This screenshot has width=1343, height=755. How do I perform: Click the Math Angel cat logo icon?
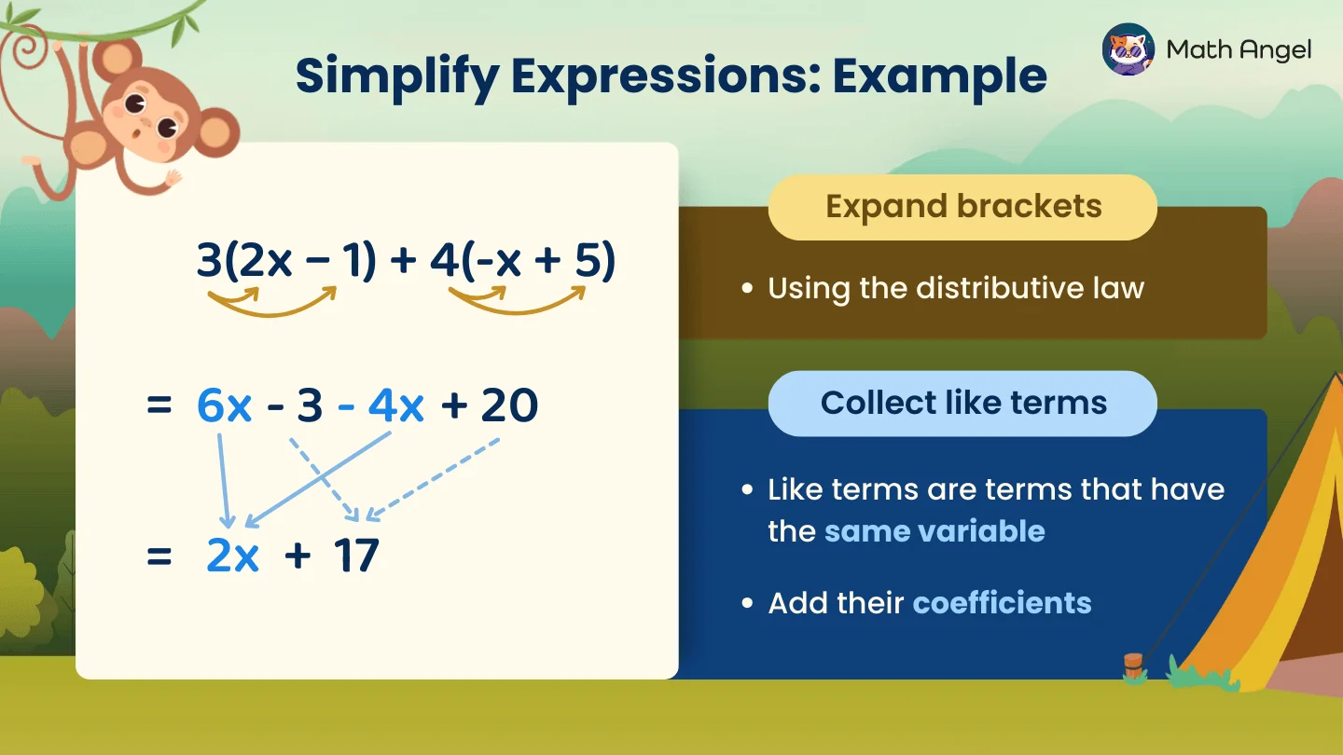click(x=1128, y=49)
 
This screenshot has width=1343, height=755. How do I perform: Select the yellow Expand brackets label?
click(x=962, y=207)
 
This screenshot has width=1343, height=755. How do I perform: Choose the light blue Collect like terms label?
click(x=962, y=403)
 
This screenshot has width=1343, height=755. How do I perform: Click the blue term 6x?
click(x=225, y=406)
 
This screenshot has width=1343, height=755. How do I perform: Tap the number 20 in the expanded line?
click(x=509, y=406)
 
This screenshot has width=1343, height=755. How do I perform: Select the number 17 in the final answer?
click(x=355, y=556)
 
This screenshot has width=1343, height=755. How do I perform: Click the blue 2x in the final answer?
click(x=232, y=556)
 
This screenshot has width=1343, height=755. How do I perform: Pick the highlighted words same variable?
click(x=934, y=531)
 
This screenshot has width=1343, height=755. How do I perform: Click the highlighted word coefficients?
click(x=1002, y=603)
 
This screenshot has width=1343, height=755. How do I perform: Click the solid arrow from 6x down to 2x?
click(x=224, y=480)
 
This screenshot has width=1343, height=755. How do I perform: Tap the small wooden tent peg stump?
click(x=1133, y=665)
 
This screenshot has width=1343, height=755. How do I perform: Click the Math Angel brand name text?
click(x=1239, y=49)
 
